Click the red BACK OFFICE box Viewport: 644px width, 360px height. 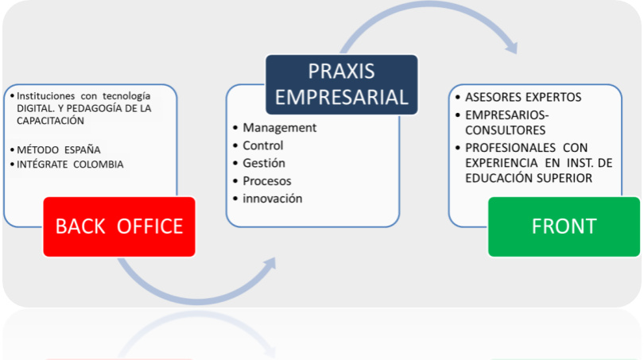tap(119, 226)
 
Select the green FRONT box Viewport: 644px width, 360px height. tap(564, 226)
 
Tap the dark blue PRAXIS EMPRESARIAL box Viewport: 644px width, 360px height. tap(342, 84)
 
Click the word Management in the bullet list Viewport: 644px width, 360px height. tap(279, 128)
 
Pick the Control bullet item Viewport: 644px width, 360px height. tap(263, 145)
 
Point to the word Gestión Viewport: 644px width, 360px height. tap(264, 163)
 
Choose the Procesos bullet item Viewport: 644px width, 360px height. tap(267, 180)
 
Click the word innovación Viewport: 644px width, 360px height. tap(272, 198)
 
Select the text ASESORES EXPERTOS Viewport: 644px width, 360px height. tap(523, 97)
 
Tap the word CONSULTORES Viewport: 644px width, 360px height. tap(505, 130)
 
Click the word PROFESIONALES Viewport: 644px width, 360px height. tap(510, 147)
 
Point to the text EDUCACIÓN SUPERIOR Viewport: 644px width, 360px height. tap(529, 178)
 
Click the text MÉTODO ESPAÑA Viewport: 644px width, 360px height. tap(58, 149)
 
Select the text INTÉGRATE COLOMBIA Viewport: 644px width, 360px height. tap(70, 165)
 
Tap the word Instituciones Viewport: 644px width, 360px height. tap(45, 95)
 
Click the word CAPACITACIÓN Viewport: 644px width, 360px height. tap(50, 120)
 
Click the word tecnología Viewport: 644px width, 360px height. tap(126, 96)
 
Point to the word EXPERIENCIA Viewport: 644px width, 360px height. tap(501, 163)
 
